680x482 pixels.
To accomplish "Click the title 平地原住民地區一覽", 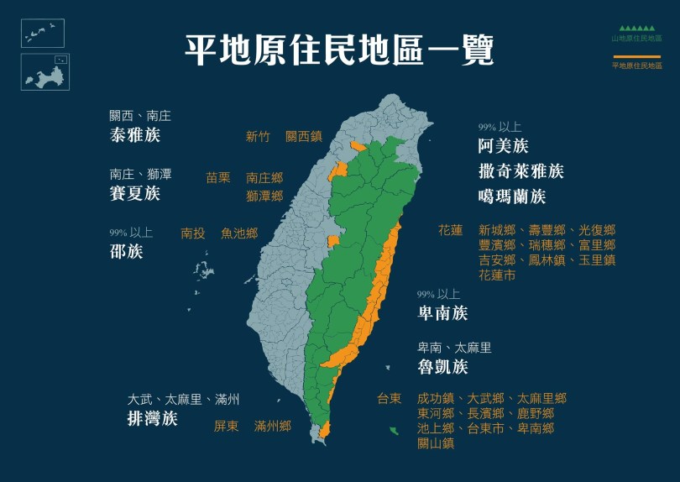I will point(339,50).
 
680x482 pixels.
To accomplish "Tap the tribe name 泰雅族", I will point(134,135).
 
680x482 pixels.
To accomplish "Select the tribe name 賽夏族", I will point(134,194).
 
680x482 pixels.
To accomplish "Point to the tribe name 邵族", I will point(126,251).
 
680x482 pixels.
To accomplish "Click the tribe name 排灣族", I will point(152,419).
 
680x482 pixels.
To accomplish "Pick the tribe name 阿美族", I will point(503,146).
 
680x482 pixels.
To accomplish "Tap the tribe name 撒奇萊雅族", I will point(520,172).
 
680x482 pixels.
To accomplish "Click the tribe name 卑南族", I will point(442,313).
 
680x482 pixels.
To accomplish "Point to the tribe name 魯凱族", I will point(442,367).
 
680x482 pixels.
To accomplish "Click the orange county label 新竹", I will point(258,136).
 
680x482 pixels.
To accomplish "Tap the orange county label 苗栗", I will point(218,178).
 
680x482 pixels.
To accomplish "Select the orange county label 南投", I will point(193,233).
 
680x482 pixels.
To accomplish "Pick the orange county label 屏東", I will point(226,426).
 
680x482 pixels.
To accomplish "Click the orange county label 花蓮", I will point(450,230).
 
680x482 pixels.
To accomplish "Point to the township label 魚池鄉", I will point(239,233).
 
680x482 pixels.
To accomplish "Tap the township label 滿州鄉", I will point(273,426).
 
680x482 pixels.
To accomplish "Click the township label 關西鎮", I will point(304,136).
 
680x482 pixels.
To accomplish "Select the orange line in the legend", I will point(636,56).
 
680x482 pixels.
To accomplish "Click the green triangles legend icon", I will point(636,28).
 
